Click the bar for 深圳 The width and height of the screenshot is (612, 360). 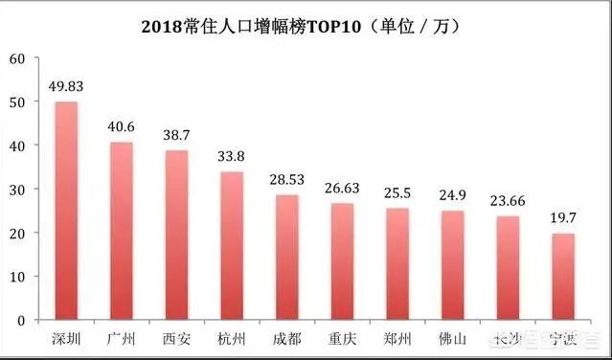[x=66, y=211]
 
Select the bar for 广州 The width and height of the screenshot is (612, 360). [x=122, y=231]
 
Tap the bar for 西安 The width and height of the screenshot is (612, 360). [x=176, y=235]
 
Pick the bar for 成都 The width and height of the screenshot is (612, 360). [x=287, y=257]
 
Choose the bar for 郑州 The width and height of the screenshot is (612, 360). [x=397, y=263]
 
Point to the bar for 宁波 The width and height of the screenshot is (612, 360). [x=563, y=276]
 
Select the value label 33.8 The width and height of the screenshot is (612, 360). [x=232, y=155]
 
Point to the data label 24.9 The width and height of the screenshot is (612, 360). [x=453, y=194]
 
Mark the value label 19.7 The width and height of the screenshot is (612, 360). [x=563, y=217]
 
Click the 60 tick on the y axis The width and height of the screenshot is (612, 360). [x=15, y=58]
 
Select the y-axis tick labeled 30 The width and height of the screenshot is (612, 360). [x=15, y=189]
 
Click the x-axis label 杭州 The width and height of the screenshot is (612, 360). [x=232, y=340]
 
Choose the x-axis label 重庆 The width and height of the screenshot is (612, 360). [x=342, y=340]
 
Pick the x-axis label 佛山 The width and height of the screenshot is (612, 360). [x=453, y=340]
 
